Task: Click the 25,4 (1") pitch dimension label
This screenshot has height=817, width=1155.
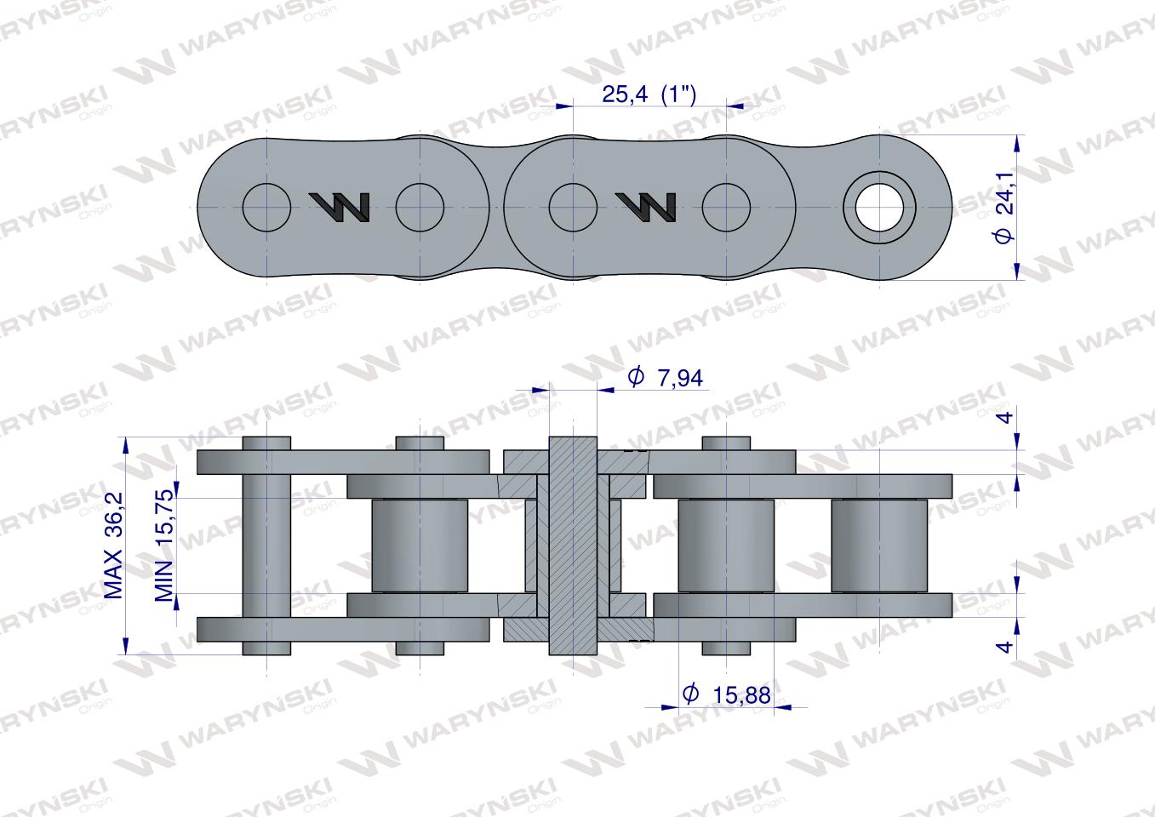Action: pyautogui.click(x=649, y=94)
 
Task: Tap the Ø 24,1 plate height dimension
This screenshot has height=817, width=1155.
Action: pyautogui.click(x=1004, y=208)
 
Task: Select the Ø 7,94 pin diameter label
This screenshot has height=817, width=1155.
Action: pyautogui.click(x=665, y=377)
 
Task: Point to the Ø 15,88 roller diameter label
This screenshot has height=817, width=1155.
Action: pyautogui.click(x=726, y=694)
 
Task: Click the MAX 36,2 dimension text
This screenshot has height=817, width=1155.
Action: pyautogui.click(x=113, y=546)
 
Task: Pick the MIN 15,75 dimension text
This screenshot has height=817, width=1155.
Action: pyautogui.click(x=165, y=546)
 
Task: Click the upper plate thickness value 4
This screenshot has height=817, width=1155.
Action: pyautogui.click(x=1006, y=416)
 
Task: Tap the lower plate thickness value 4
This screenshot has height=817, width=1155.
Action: pyautogui.click(x=1006, y=647)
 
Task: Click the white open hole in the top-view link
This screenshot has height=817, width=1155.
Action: pyautogui.click(x=879, y=208)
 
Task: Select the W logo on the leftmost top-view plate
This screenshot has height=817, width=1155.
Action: pyautogui.click(x=339, y=207)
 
